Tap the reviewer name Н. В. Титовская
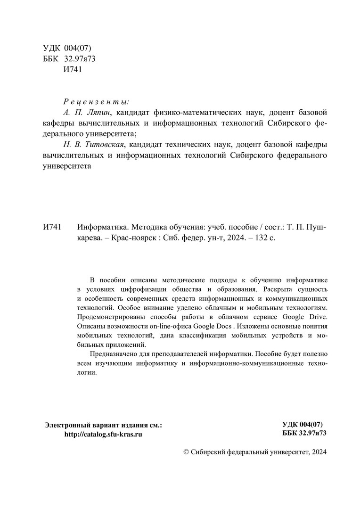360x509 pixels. point(97,144)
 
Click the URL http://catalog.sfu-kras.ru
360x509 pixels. point(103,434)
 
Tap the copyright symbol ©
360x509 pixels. point(186,452)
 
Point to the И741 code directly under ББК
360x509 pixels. point(73,69)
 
